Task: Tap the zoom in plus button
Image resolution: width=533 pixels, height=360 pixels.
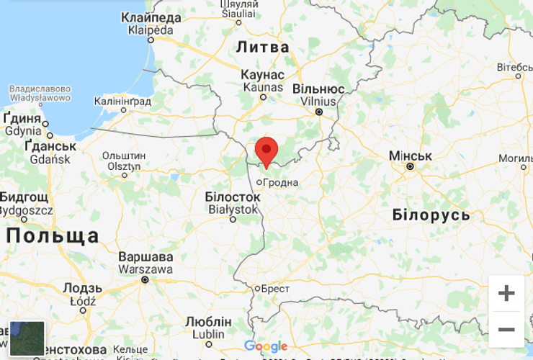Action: [x=506, y=293]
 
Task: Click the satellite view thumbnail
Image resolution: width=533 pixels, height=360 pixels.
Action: [x=27, y=338]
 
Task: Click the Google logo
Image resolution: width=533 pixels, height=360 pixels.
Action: [x=266, y=346]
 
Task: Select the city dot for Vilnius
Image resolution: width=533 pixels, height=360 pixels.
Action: [x=319, y=112]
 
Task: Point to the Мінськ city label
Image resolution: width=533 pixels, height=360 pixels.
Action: [x=410, y=156]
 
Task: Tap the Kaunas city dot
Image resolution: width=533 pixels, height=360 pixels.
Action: [x=263, y=97]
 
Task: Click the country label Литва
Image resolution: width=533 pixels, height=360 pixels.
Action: [x=262, y=48]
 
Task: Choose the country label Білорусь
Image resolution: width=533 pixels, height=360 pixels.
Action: [x=431, y=215]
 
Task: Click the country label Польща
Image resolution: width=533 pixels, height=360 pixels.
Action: [x=53, y=235]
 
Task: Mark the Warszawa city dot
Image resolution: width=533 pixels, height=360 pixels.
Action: [x=145, y=279]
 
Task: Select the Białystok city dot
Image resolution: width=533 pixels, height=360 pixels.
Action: [x=233, y=220]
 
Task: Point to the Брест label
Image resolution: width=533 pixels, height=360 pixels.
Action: [x=275, y=289]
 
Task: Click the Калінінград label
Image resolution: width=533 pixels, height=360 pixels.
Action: [x=122, y=102]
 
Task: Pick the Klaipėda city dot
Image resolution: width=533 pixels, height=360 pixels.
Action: [x=151, y=40]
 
